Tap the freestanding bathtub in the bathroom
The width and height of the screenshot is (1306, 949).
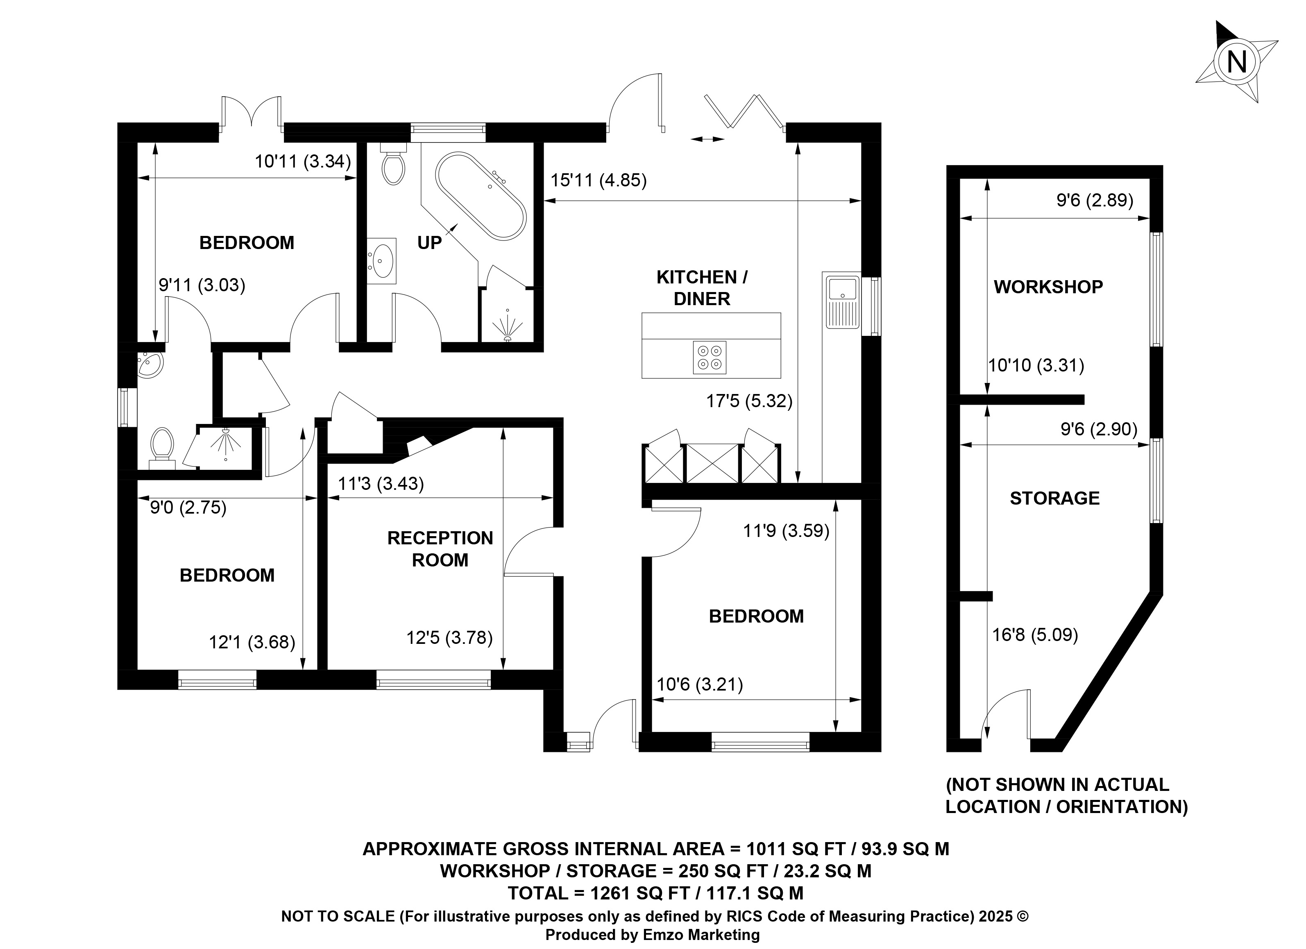(x=480, y=196)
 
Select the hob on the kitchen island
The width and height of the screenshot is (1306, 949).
(x=710, y=358)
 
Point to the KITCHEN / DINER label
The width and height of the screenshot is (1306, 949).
(x=702, y=288)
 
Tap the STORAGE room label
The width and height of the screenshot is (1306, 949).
(x=1054, y=498)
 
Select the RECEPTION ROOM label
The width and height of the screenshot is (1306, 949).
(x=440, y=549)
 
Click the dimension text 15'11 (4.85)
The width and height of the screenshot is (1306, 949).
(x=598, y=181)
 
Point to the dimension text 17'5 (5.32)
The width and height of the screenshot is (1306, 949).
(x=749, y=401)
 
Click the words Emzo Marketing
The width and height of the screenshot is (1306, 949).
(x=701, y=935)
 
